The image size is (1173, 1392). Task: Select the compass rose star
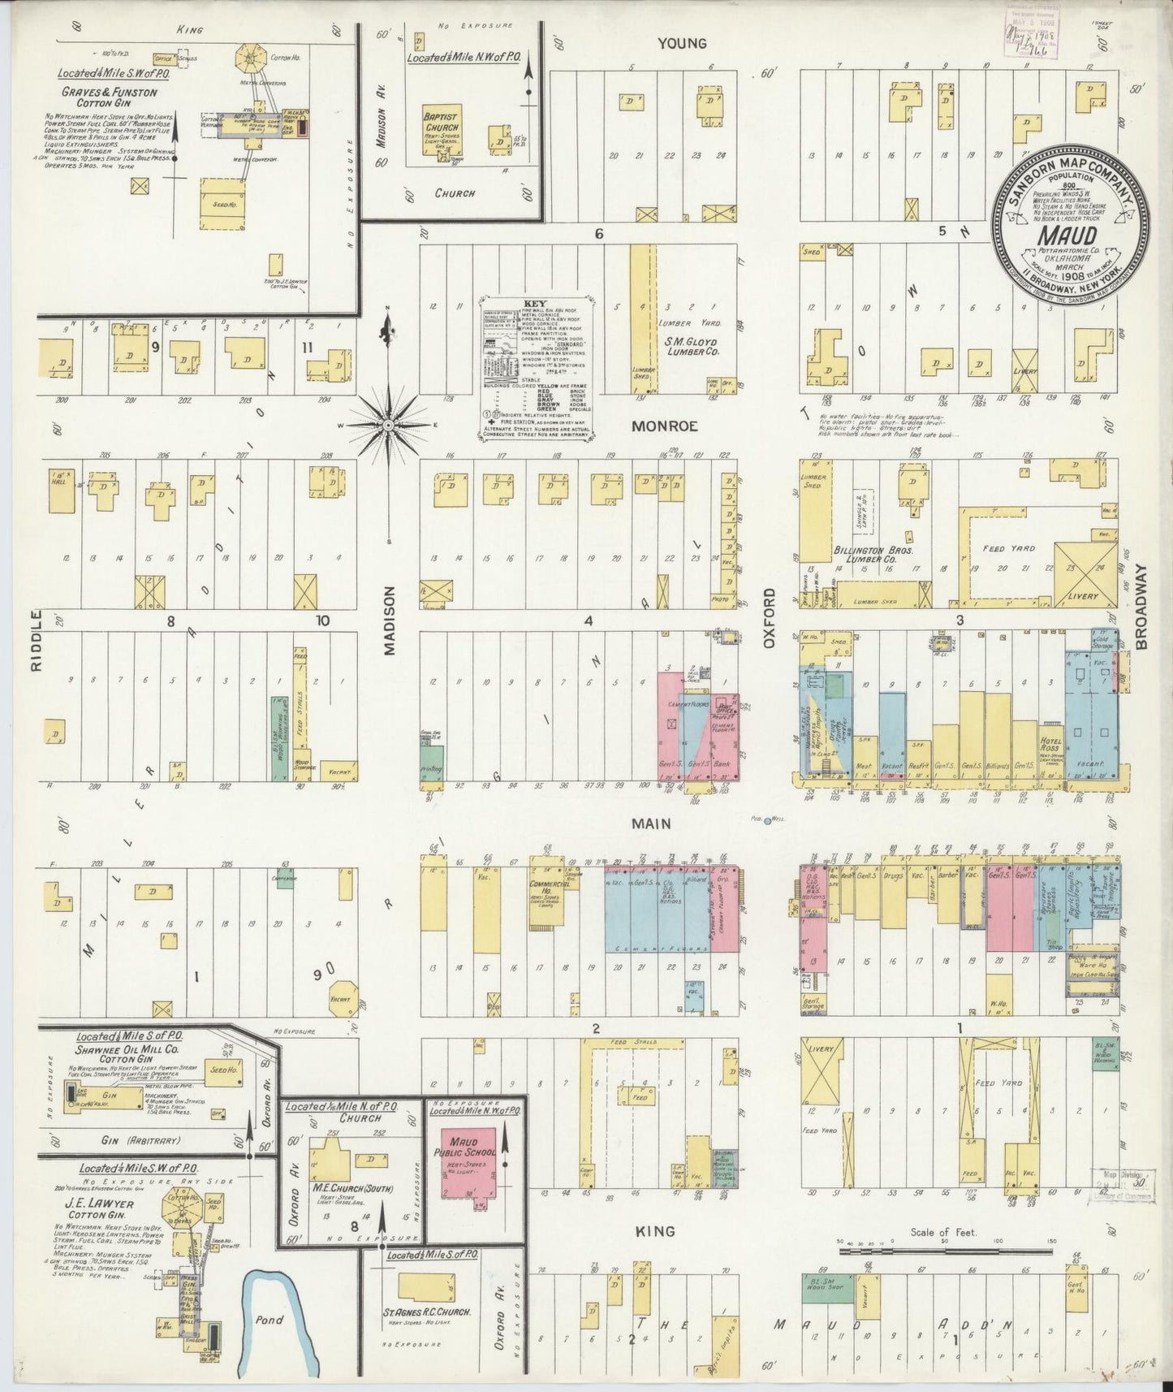point(388,425)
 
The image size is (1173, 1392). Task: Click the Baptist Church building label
point(440,123)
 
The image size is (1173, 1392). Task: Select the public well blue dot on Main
point(767,821)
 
